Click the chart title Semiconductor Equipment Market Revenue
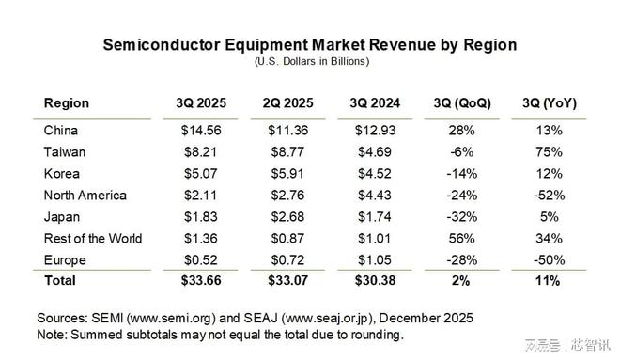[309, 45]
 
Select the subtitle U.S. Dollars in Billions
[311, 61]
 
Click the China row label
[61, 130]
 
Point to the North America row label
[85, 195]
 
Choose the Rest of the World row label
[93, 238]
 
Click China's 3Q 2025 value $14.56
[194, 130]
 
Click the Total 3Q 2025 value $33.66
[194, 281]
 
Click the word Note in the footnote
[54, 334]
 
